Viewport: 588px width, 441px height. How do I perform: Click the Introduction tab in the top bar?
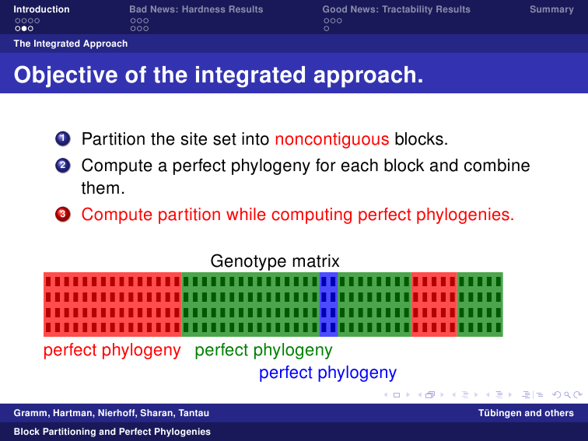tap(41, 9)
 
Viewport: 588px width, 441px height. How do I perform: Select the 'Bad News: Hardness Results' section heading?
tap(196, 9)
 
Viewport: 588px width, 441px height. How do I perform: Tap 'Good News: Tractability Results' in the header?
tap(397, 9)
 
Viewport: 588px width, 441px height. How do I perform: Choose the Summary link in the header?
tap(551, 9)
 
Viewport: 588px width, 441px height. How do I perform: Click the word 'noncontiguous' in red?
tap(332, 139)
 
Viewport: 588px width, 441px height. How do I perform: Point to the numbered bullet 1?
tap(63, 138)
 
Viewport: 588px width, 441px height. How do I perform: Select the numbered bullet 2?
tap(63, 166)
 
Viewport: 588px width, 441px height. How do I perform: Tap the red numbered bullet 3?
tap(63, 214)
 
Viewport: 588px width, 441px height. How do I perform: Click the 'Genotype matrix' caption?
tap(275, 261)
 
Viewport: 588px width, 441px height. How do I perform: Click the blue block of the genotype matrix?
tap(328, 304)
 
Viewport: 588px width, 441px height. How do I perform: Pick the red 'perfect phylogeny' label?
tap(112, 350)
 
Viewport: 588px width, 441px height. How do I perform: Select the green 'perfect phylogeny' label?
tap(264, 350)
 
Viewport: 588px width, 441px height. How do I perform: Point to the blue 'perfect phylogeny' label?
tap(327, 373)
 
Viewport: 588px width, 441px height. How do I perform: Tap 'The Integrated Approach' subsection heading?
tap(71, 44)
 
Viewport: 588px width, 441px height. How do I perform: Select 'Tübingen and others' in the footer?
tap(526, 413)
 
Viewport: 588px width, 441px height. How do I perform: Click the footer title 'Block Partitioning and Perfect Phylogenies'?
tap(112, 432)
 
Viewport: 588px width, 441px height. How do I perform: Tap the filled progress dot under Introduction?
tap(24, 29)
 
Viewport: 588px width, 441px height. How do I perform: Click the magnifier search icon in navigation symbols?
tap(567, 394)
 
